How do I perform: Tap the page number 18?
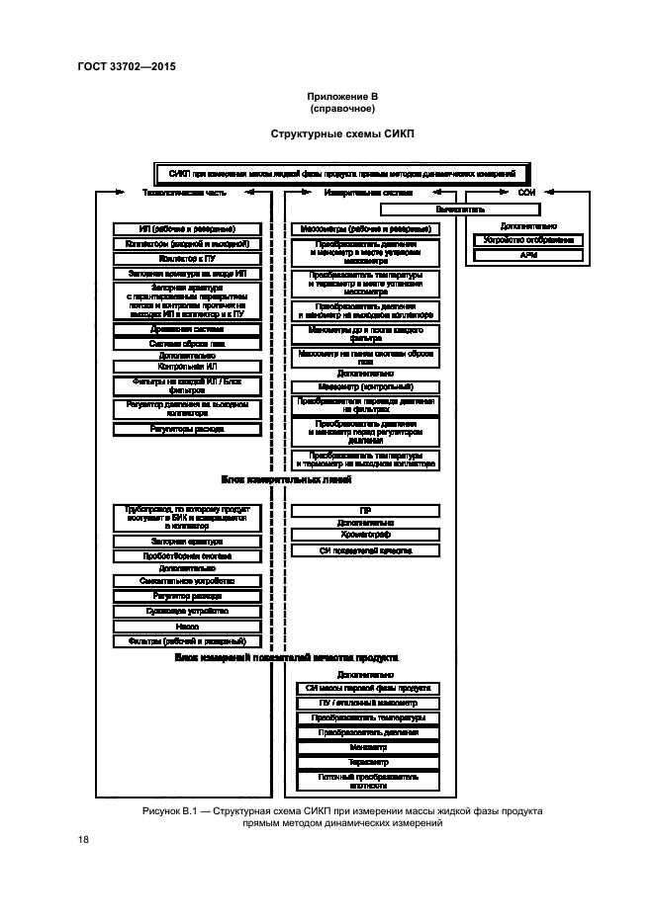84,840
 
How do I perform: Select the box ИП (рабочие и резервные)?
187,229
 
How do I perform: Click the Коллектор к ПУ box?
187,258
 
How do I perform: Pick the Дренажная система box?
187,328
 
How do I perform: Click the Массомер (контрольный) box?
365,385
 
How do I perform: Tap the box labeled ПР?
365,510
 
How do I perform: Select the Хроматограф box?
365,535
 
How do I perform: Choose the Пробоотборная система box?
187,555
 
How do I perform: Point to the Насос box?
187,627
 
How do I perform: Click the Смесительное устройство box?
187,582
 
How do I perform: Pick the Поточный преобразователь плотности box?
365,782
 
